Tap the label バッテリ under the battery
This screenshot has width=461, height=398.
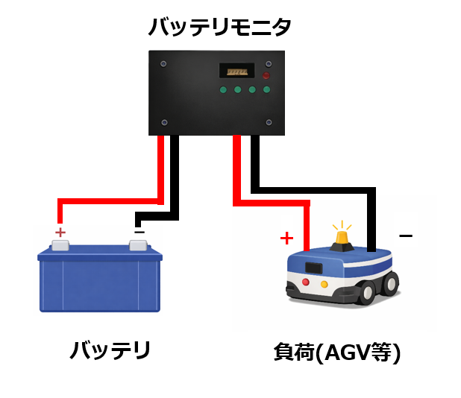(x=110, y=350)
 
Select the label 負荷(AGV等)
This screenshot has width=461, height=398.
(x=337, y=351)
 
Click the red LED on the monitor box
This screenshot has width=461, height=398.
(x=266, y=76)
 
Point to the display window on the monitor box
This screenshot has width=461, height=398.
(x=237, y=71)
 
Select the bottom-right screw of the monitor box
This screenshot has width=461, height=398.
(x=269, y=122)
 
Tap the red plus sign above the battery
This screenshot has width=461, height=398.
(x=60, y=233)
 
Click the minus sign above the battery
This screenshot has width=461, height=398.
(x=139, y=232)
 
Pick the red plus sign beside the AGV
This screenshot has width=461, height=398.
(x=286, y=239)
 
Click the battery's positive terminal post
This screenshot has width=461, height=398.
(x=60, y=245)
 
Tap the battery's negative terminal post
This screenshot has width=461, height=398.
(x=138, y=244)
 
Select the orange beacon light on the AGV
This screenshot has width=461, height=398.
(x=342, y=238)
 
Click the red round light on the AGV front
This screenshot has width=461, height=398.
(x=306, y=282)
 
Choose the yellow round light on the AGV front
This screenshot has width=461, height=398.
(x=324, y=284)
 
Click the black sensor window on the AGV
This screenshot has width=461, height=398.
(x=313, y=267)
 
